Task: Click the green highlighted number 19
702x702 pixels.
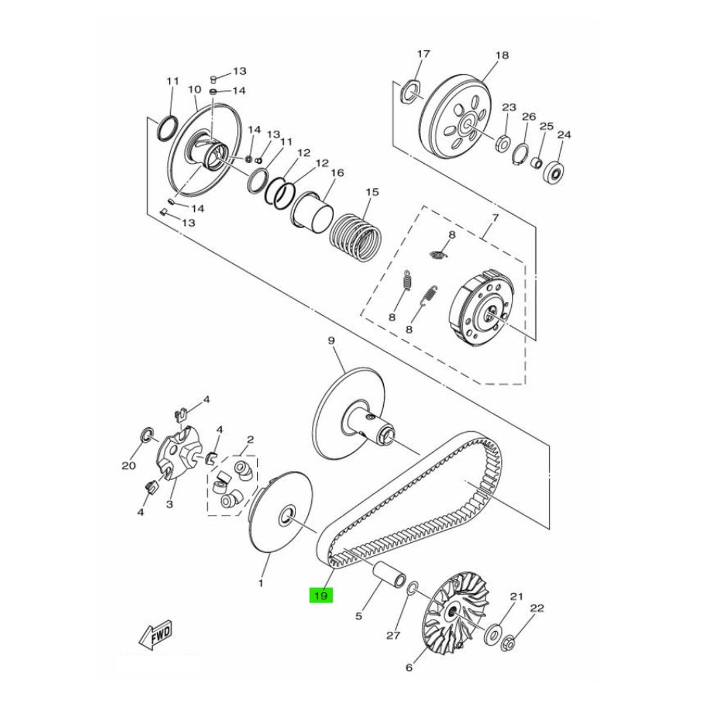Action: click(321, 596)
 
